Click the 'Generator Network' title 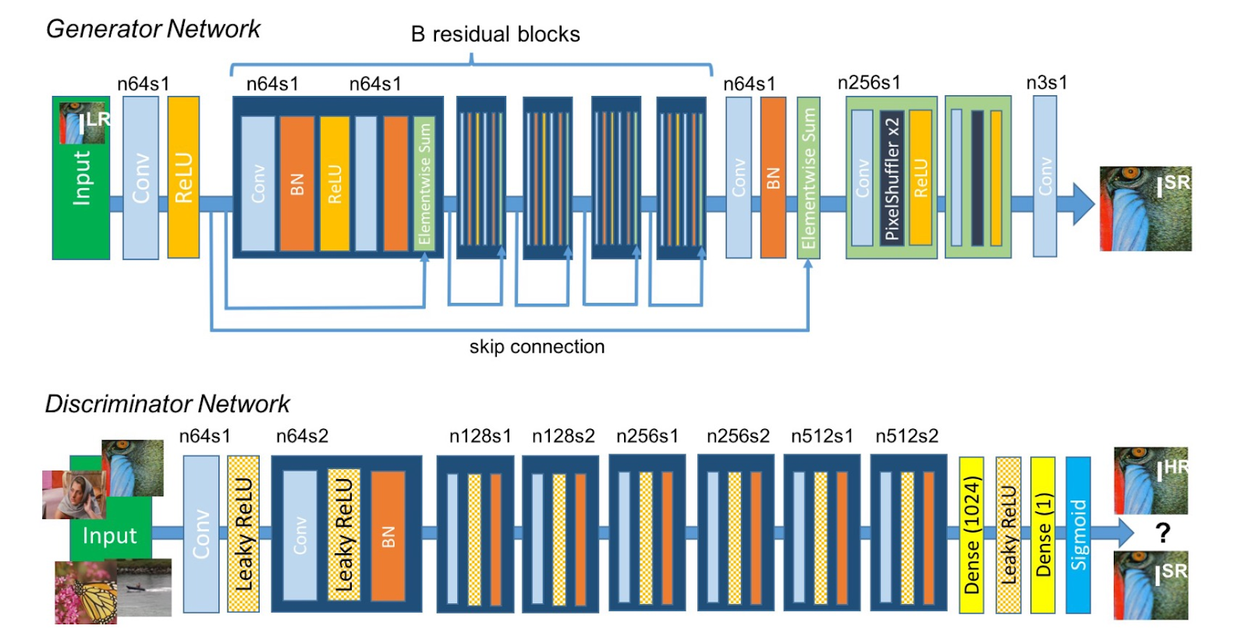[x=153, y=29]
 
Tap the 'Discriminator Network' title [x=167, y=403]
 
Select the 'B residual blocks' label [x=495, y=34]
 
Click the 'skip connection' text [x=537, y=346]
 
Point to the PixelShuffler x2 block [x=892, y=178]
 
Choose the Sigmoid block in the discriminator [x=1078, y=535]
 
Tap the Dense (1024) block [x=971, y=535]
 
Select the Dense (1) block [x=1043, y=535]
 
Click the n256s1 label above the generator [x=869, y=83]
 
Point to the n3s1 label [x=1047, y=83]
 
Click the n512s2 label [x=906, y=436]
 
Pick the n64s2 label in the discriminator [x=302, y=436]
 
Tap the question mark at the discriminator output [x=1162, y=533]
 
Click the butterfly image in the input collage [x=86, y=592]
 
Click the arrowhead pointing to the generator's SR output [x=1083, y=204]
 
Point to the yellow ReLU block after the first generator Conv [x=183, y=178]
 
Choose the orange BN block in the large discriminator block [x=388, y=535]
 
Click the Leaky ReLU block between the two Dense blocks [x=1008, y=535]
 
